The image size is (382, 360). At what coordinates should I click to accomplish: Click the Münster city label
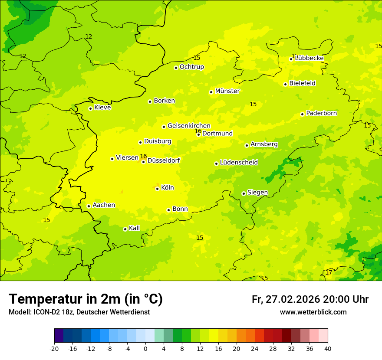click(227, 91)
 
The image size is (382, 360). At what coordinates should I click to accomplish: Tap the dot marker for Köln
click(157, 189)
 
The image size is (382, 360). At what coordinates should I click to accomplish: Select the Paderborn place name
click(321, 113)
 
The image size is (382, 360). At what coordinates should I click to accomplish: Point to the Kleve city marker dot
click(90, 108)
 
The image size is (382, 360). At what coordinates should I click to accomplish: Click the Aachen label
click(104, 205)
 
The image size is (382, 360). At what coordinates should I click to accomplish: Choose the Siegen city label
click(257, 193)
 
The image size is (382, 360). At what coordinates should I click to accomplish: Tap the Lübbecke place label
click(309, 58)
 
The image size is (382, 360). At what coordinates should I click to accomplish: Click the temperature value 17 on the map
click(329, 272)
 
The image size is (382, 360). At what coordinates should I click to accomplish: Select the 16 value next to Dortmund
click(198, 131)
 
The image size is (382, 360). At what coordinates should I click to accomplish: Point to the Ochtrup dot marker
click(176, 68)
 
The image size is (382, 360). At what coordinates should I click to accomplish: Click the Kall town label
click(134, 228)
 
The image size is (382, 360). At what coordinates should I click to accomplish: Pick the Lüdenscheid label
click(239, 163)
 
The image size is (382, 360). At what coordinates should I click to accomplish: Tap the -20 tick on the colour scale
click(54, 348)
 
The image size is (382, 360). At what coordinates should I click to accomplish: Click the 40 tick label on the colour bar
click(328, 348)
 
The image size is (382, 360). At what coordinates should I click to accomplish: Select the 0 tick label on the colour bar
click(145, 348)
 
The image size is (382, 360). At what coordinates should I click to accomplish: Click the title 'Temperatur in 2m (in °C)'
click(86, 299)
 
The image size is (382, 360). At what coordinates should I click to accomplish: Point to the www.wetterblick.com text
click(313, 312)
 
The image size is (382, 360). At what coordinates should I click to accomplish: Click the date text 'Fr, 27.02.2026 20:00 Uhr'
click(310, 299)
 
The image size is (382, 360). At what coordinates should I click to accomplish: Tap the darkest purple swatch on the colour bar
click(59, 336)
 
